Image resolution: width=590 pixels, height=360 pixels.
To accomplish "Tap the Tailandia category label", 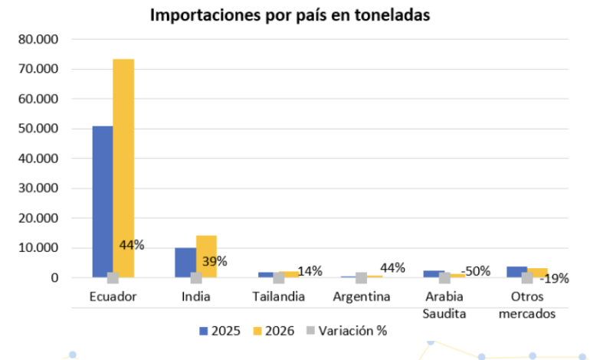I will [x=279, y=296].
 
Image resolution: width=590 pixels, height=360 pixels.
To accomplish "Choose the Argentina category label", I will [x=361, y=296].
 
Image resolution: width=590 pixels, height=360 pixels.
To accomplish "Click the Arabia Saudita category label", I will [x=444, y=304].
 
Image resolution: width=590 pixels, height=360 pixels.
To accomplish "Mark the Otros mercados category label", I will [x=527, y=304].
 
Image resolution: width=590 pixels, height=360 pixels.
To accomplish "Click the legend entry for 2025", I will [x=220, y=331].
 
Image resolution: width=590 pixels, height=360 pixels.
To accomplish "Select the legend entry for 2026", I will [x=275, y=331].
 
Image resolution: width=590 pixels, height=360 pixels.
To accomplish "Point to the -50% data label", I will [x=476, y=271].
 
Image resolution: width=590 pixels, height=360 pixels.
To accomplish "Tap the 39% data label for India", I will [x=215, y=261].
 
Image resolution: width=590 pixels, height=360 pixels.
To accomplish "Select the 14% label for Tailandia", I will [x=310, y=271].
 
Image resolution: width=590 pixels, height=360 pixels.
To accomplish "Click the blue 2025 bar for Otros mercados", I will [x=516, y=271].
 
